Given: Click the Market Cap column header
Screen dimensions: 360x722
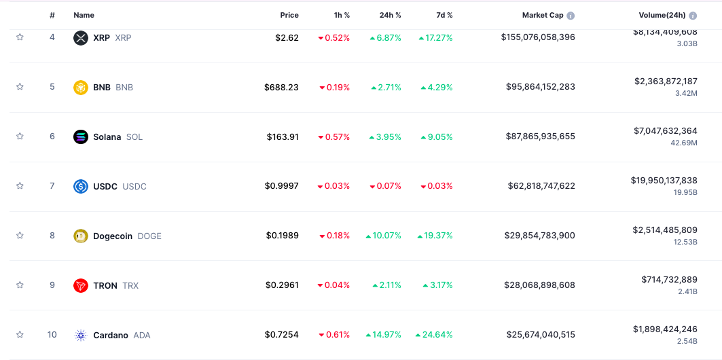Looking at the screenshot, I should [543, 15].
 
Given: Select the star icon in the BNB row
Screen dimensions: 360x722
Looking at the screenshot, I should [20, 87].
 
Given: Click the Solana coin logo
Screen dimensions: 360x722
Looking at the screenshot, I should [81, 137].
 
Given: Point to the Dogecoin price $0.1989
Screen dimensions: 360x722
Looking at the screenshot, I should [282, 236].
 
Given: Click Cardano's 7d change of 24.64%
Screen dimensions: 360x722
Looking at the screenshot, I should [437, 335].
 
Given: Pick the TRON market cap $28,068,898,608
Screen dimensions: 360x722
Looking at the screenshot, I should [541, 285].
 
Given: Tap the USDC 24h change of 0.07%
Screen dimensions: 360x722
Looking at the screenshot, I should [385, 186].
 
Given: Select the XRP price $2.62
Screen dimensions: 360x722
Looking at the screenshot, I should [287, 37].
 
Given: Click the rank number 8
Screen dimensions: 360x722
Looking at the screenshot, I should [52, 236].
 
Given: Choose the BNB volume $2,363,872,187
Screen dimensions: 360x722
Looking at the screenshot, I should [666, 81].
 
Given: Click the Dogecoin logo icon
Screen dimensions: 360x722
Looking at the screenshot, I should [81, 236].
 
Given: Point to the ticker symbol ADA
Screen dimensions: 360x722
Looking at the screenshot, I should [142, 335].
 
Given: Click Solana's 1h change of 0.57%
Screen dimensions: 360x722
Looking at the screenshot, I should [334, 137].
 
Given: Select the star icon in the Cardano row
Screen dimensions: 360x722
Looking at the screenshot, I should [20, 335].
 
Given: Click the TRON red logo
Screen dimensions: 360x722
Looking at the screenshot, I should [81, 285].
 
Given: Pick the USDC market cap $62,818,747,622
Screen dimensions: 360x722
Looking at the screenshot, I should [541, 186].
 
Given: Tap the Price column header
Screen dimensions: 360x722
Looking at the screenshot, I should [289, 15].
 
